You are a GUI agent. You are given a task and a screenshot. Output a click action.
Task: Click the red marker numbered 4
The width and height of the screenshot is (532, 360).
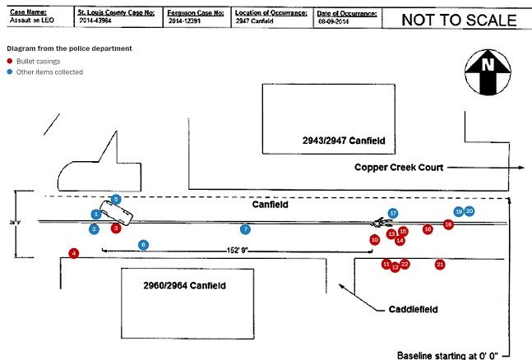[x=74, y=253]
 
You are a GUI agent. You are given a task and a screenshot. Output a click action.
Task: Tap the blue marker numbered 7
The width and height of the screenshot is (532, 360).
[x=244, y=228]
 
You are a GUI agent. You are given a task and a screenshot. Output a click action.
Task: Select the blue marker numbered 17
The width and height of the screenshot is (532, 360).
[x=393, y=214]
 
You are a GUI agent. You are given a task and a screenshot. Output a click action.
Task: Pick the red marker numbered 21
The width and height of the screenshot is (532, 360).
[x=440, y=264]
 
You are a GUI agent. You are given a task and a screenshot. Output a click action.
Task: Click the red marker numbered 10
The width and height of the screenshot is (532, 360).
[x=374, y=239]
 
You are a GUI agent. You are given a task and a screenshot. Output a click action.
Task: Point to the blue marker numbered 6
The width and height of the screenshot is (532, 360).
[x=143, y=244]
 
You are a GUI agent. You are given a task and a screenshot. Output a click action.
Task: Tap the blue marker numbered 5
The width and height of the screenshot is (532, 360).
[x=116, y=199]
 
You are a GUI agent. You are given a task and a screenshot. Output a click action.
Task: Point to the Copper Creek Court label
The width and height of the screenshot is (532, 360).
[x=399, y=167]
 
